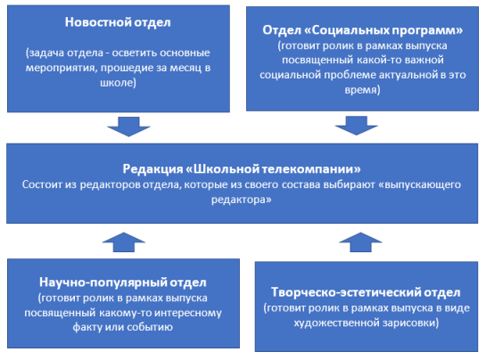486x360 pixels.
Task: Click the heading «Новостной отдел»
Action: click(x=118, y=22)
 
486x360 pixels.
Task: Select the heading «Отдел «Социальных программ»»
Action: click(x=363, y=30)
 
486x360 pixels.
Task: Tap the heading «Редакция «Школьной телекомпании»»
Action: click(x=242, y=169)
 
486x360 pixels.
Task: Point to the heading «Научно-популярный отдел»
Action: click(x=123, y=282)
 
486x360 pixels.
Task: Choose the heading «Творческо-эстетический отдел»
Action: click(x=366, y=292)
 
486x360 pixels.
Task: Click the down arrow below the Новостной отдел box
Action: click(x=128, y=127)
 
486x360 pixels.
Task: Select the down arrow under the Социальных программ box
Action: click(x=356, y=126)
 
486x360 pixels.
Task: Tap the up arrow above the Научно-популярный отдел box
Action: click(x=124, y=242)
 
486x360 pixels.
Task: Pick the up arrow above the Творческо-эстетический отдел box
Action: click(x=360, y=242)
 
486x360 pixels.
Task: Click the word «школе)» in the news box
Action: click(x=118, y=83)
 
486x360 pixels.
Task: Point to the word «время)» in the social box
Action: click(x=362, y=90)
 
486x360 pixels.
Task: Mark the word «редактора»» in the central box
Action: click(x=242, y=200)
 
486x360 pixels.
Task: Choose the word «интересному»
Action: click(x=188, y=313)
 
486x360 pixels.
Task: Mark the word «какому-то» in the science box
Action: click(x=125, y=313)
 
